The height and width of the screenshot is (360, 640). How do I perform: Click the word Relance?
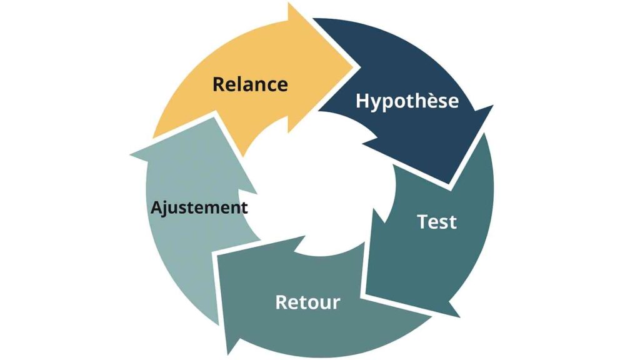[250, 84]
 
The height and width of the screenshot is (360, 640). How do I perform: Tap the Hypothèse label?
[407, 101]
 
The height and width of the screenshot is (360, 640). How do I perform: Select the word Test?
[437, 222]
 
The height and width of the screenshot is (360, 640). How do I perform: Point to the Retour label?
[307, 302]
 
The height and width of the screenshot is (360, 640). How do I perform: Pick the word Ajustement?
[199, 207]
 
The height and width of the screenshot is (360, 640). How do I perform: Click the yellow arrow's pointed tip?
[354, 67]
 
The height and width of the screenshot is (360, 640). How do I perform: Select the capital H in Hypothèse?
[362, 101]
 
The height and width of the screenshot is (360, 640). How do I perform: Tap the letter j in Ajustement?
[166, 209]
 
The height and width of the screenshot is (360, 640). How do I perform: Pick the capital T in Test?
[423, 222]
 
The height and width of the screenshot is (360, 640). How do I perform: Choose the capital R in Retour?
[282, 302]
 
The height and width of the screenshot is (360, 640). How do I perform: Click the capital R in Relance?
[219, 84]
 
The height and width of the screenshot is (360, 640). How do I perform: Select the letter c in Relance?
[268, 86]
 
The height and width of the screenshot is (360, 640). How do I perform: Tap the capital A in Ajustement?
[157, 207]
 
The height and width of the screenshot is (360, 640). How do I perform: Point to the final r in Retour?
[336, 304]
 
